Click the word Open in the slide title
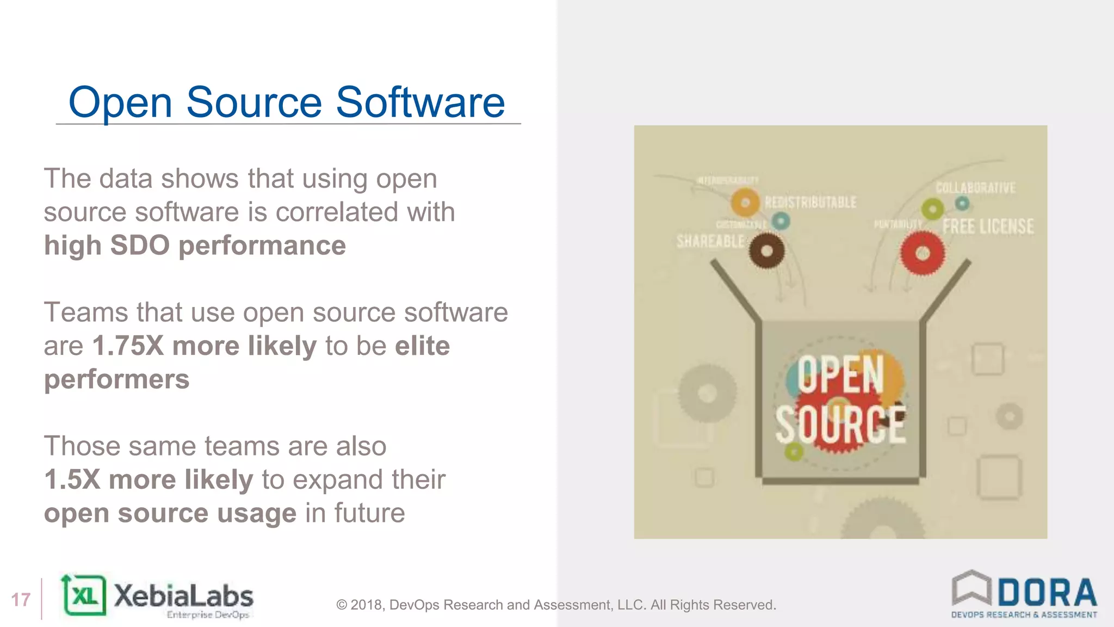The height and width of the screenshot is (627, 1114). point(120,103)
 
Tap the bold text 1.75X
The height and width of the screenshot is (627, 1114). point(128,346)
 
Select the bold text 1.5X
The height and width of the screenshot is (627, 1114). point(72,480)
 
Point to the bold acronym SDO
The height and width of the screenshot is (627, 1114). point(140,245)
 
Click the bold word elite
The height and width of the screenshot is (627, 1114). point(423,346)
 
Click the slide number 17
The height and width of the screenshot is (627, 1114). point(21,600)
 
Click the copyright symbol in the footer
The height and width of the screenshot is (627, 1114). point(342,605)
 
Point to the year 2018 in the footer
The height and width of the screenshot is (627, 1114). point(367,605)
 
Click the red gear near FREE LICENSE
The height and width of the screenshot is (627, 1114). point(923,253)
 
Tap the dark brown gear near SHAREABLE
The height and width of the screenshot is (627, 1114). point(766,251)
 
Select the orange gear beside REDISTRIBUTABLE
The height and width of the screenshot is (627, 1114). point(745,202)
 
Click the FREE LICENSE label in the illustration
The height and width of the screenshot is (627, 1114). point(988,226)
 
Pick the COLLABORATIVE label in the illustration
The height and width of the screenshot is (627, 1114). point(975,188)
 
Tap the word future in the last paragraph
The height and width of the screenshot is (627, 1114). point(369,513)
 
